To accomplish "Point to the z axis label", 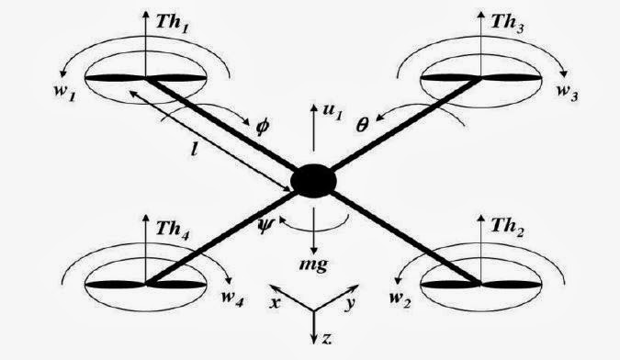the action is click(325, 339).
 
